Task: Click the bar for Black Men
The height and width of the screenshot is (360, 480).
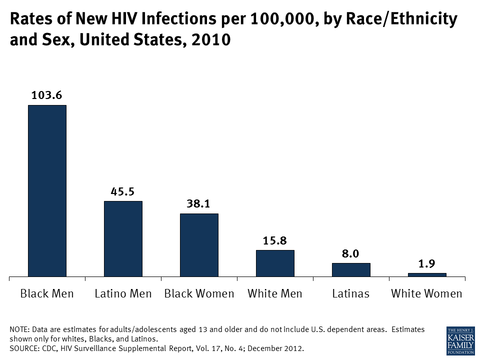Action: pos(47,190)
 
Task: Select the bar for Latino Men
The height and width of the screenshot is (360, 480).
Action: pos(123,238)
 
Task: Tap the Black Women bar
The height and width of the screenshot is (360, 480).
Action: pos(199,244)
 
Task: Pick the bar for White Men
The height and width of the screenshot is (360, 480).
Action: pos(275,263)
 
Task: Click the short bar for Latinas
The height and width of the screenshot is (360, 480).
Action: pos(351,269)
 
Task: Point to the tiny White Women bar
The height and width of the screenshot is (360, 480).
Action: pos(427,274)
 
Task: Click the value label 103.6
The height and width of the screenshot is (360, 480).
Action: pos(46,95)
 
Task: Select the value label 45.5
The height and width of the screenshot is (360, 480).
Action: pos(122,191)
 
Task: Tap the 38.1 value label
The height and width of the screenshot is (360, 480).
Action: pos(199,203)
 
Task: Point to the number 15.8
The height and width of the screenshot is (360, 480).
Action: pos(275,240)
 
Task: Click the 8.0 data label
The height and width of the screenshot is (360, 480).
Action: pos(350,253)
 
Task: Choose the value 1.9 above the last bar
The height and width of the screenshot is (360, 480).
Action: pos(426,263)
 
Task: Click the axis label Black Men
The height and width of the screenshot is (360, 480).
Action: pos(47,293)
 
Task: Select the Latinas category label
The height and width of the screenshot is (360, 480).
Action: pos(350,293)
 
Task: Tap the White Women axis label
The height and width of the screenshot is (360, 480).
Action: pos(426,293)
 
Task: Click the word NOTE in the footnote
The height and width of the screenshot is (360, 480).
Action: pos(18,329)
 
